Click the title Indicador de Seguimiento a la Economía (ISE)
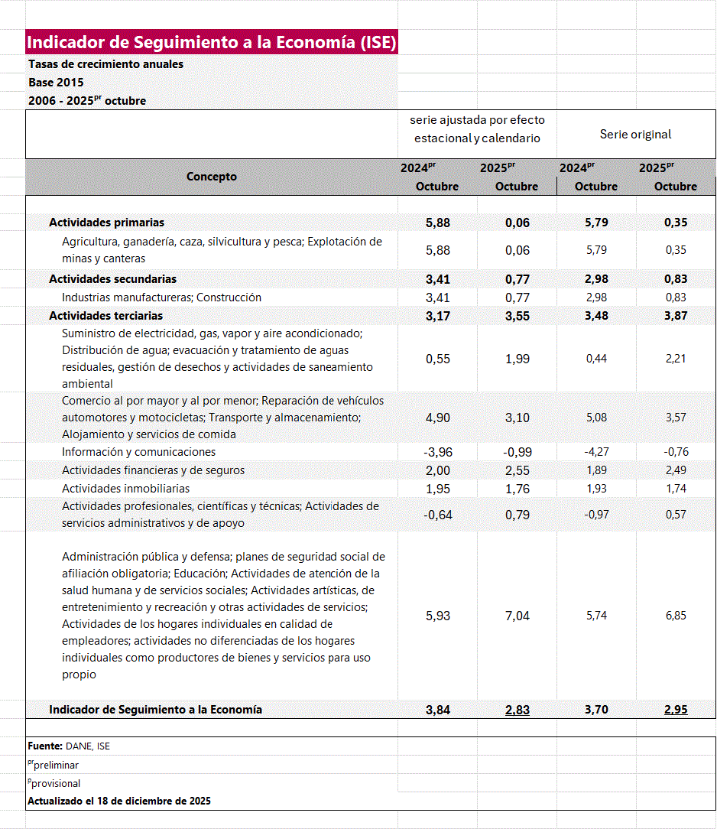[x=211, y=42]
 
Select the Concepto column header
[x=212, y=177]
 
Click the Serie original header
[x=635, y=135]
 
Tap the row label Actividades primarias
[x=106, y=223]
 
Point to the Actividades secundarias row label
[x=112, y=279]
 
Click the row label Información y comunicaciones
[x=138, y=452]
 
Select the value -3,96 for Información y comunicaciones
[x=437, y=452]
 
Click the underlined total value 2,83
[x=517, y=710]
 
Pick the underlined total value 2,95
[x=676, y=710]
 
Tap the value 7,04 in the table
[x=517, y=616]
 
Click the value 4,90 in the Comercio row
[x=437, y=418]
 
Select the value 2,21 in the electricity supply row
[x=676, y=359]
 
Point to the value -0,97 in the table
[x=596, y=515]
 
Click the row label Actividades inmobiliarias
[x=125, y=489]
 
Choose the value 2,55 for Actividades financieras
[x=517, y=470]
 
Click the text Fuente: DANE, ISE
[x=69, y=746]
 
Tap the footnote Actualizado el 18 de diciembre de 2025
[x=119, y=801]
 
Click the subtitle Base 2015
[x=56, y=83]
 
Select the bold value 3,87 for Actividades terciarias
[x=676, y=316]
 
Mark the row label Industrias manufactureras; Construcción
[x=161, y=297]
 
